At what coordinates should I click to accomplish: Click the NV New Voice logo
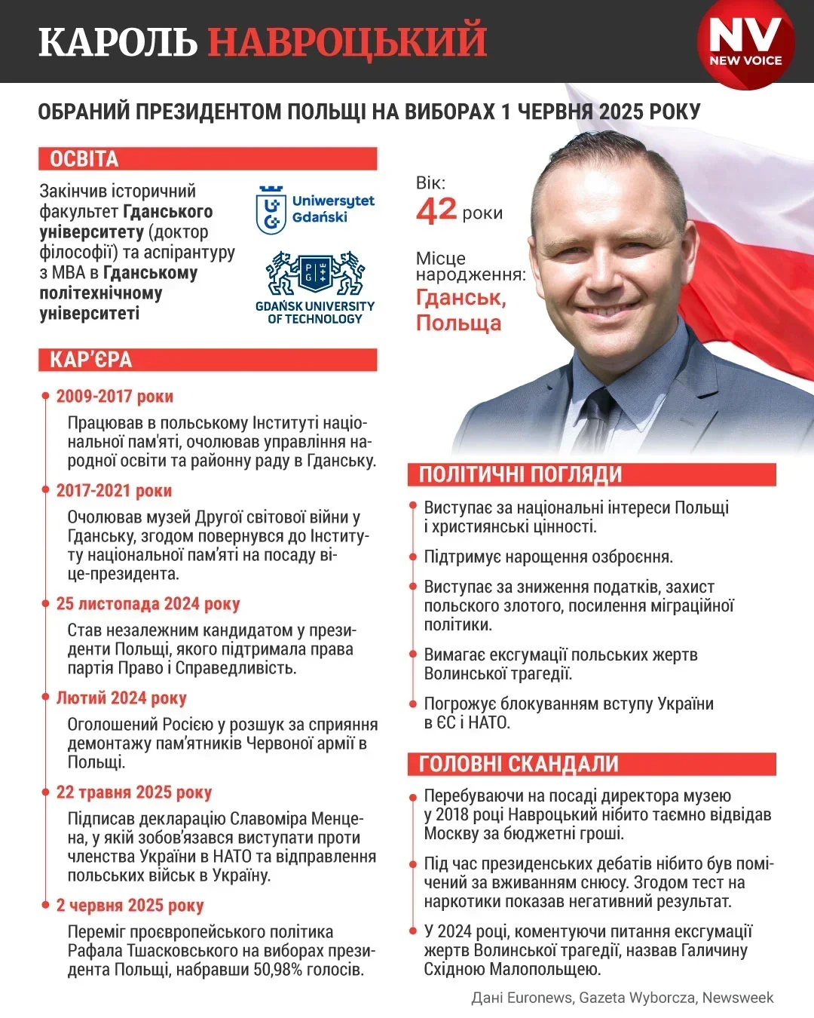[745, 43]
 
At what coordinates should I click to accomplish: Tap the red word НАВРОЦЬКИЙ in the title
[347, 41]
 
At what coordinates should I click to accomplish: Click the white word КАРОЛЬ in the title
[118, 41]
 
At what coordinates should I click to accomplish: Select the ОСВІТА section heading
[84, 159]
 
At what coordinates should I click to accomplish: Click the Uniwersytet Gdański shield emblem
[271, 210]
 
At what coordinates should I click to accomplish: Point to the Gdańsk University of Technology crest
[315, 274]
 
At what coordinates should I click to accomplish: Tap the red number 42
[436, 210]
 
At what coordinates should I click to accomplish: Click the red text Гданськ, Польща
[461, 310]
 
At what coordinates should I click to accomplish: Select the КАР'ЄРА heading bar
[91, 360]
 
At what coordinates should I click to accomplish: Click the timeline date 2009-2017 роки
[115, 397]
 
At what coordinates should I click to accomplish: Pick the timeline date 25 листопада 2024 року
[148, 604]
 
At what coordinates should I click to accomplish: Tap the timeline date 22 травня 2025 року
[134, 793]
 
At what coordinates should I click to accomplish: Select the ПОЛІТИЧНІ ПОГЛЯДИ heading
[520, 474]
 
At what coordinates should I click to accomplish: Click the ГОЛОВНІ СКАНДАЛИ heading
[519, 764]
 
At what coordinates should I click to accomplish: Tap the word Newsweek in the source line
[738, 998]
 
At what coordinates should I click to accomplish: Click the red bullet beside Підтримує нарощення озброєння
[413, 557]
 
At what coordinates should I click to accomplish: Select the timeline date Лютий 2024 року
[121, 698]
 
